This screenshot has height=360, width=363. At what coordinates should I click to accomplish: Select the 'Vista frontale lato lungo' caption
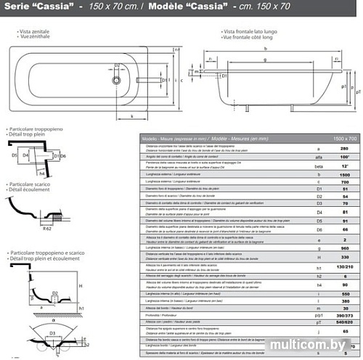[x=254, y=32]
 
